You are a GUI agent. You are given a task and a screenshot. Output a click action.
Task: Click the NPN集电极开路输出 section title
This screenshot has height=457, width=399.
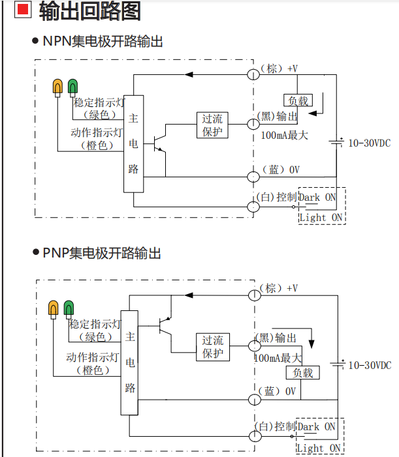(x=103, y=42)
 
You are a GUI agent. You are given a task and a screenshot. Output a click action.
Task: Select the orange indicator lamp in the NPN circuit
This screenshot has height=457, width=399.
(x=57, y=87)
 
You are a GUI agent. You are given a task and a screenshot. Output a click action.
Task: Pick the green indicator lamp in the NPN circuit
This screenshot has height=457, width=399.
(x=71, y=87)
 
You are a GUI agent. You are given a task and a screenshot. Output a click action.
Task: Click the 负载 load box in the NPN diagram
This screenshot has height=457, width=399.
(x=298, y=100)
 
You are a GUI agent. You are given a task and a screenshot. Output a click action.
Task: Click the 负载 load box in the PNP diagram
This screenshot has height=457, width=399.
(x=302, y=373)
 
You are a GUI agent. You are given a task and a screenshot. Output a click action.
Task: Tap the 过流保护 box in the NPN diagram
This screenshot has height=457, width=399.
(x=212, y=125)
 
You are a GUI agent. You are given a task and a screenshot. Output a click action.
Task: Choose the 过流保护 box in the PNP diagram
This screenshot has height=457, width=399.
(x=212, y=347)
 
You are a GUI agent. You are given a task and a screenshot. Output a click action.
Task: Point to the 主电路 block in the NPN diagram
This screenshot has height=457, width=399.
(x=133, y=143)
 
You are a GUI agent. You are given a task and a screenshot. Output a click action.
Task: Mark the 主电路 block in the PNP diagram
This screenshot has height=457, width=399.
(x=130, y=362)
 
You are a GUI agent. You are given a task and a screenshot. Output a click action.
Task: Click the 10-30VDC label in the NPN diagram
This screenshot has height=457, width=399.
(x=369, y=143)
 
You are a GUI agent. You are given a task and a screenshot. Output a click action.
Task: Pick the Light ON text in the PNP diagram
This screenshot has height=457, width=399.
(x=319, y=448)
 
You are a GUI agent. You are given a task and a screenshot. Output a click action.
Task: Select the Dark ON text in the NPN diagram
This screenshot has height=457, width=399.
(x=318, y=197)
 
